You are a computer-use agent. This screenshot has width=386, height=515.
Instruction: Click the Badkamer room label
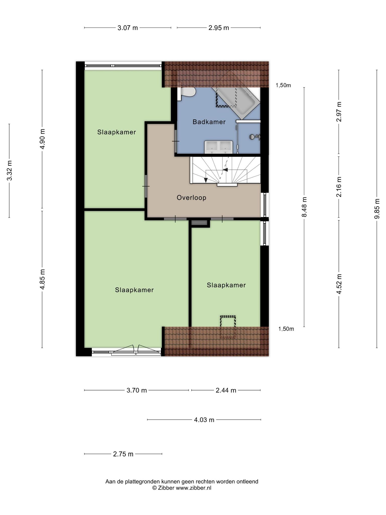click(x=209, y=122)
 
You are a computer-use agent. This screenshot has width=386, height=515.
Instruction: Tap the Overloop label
click(x=191, y=198)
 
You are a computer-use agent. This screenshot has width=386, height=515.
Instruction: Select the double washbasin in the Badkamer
click(x=218, y=147)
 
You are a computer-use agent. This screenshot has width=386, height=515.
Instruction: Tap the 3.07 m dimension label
click(x=128, y=28)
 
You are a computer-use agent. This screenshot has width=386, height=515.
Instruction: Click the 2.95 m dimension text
click(x=219, y=28)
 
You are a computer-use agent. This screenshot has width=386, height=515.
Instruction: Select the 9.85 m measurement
click(x=377, y=209)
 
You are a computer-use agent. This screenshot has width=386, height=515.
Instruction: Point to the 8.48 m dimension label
click(x=304, y=207)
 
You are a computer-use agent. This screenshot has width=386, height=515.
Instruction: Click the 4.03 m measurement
click(x=204, y=420)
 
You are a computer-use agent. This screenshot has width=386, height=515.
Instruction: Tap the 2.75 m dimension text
click(x=123, y=454)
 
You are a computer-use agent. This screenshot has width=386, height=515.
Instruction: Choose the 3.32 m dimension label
click(x=9, y=170)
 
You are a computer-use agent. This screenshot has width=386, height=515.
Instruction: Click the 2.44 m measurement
click(x=226, y=390)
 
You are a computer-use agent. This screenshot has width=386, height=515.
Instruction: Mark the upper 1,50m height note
click(x=283, y=85)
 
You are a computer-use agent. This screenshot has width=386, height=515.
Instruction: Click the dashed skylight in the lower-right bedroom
click(x=228, y=327)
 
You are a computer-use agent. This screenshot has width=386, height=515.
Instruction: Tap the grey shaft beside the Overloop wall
click(x=199, y=223)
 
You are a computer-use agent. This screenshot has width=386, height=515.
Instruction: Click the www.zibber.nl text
click(x=193, y=488)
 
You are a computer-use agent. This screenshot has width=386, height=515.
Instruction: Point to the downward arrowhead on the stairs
click(x=206, y=180)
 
